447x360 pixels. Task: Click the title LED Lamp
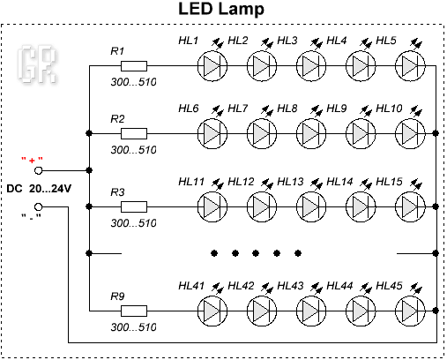(x=221, y=9)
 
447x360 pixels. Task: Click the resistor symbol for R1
(x=134, y=66)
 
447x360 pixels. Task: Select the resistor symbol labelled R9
(x=134, y=311)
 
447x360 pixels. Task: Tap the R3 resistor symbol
(x=134, y=206)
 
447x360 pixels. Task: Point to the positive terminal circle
(x=39, y=170)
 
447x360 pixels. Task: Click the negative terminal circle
(x=39, y=206)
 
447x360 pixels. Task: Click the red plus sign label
(x=32, y=161)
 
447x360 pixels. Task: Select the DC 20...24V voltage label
(x=39, y=189)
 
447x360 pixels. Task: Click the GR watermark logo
(x=37, y=64)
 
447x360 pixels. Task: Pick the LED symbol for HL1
(x=212, y=66)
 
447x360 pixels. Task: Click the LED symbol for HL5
(x=410, y=66)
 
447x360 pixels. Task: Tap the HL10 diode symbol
(x=410, y=133)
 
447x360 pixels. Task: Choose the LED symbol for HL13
(x=311, y=206)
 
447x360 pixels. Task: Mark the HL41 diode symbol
(x=212, y=311)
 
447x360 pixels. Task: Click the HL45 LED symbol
(x=410, y=311)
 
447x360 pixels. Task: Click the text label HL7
(x=238, y=109)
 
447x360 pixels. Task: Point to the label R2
(x=117, y=119)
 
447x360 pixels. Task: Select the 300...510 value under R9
(x=133, y=327)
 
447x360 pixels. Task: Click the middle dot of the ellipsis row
(x=256, y=253)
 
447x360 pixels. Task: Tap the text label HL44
(x=339, y=286)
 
